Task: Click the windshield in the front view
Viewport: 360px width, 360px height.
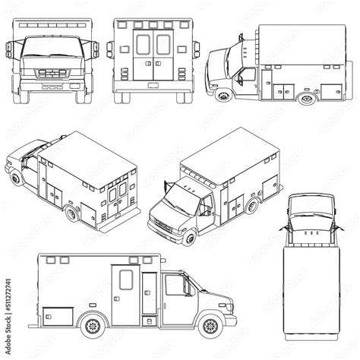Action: coord(48,48)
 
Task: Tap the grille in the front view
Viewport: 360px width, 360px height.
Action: coord(48,74)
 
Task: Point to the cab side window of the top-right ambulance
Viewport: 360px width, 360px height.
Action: coord(247,75)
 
